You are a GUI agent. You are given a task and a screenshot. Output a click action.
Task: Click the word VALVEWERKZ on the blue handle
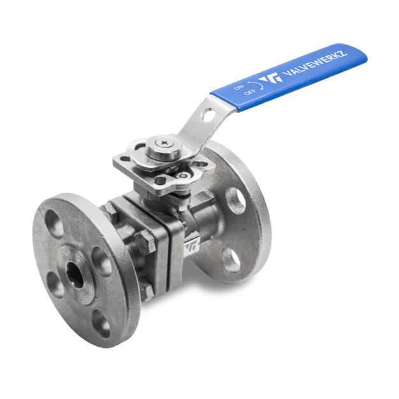click(315, 63)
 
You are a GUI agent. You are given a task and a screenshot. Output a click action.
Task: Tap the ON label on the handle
click(238, 87)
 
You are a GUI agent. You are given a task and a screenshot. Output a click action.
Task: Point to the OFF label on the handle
click(250, 92)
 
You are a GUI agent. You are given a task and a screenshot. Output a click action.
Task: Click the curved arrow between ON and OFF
click(257, 85)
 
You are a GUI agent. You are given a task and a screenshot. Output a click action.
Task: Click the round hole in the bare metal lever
click(208, 115)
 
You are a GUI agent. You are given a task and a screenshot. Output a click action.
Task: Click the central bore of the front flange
click(75, 275)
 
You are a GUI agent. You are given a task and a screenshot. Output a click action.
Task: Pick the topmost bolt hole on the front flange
click(54, 224)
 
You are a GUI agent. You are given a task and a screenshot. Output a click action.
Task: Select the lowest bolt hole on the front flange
click(101, 324)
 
